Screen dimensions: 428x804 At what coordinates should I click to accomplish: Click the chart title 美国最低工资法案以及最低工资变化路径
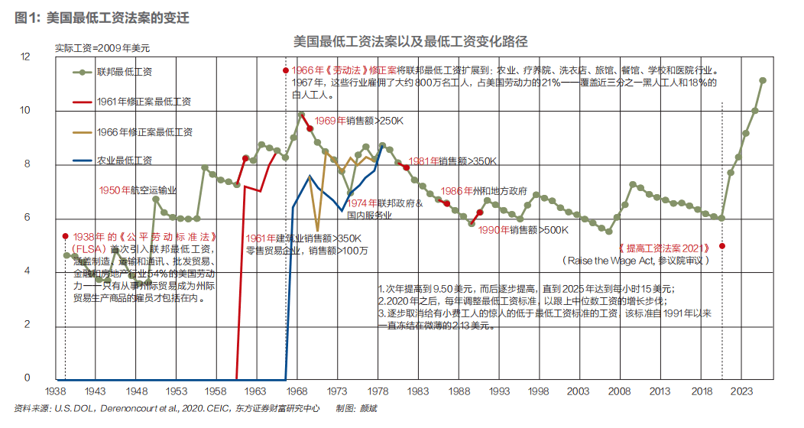410,41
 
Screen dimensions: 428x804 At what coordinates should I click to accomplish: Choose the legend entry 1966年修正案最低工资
144,131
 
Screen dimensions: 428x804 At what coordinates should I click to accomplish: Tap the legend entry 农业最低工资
124,160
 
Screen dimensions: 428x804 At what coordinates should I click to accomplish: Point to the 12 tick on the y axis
25,57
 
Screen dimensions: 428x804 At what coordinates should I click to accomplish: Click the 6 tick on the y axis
25,218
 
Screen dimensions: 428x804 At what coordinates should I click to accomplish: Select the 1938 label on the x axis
57,391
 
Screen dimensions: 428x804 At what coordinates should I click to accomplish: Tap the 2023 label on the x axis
739,391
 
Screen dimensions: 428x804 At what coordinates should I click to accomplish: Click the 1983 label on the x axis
418,391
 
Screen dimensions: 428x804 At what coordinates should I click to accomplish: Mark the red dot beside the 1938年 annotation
66,236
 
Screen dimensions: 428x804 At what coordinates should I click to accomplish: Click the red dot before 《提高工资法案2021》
722,246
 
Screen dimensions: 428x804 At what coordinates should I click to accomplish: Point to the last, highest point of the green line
763,80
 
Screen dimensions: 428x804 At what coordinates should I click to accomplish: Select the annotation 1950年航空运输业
138,190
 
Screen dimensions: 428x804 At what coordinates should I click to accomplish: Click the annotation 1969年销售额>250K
358,121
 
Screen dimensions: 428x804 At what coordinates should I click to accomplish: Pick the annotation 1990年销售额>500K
524,229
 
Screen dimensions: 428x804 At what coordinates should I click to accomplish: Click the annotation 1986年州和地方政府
485,191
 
